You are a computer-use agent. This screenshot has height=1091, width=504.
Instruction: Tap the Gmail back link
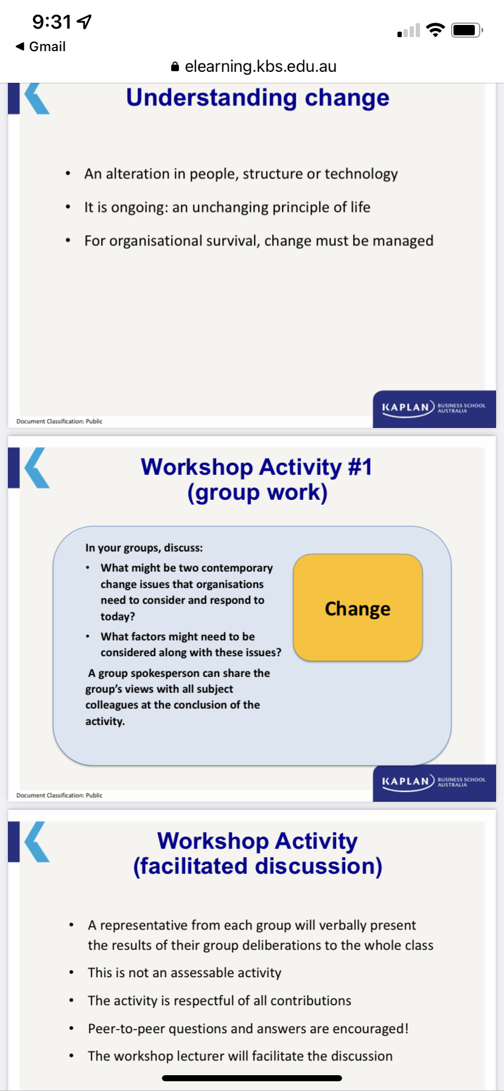pyautogui.click(x=41, y=47)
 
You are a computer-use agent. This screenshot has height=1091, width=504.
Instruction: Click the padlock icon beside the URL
pyautogui.click(x=175, y=66)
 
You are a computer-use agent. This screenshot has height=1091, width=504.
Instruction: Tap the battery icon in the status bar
pyautogui.click(x=466, y=30)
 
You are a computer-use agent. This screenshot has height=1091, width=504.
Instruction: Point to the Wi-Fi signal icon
pyautogui.click(x=435, y=30)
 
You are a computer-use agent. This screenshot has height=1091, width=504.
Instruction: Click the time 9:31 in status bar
pyautogui.click(x=52, y=23)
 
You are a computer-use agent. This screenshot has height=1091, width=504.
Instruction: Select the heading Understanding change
pyautogui.click(x=257, y=98)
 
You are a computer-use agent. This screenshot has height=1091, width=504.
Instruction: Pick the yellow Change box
pyautogui.click(x=358, y=608)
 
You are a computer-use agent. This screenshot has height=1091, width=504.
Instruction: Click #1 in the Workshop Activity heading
pyautogui.click(x=360, y=468)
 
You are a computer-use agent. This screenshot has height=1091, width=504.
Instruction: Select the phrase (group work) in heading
pyautogui.click(x=257, y=493)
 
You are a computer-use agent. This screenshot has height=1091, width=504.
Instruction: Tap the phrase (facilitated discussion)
pyautogui.click(x=257, y=866)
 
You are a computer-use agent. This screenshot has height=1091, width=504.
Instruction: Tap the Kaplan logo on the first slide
pyautogui.click(x=433, y=408)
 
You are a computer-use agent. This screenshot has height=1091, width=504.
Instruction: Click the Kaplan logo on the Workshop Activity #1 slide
pyautogui.click(x=433, y=782)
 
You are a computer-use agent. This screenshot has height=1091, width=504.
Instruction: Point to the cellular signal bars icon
pyautogui.click(x=408, y=30)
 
